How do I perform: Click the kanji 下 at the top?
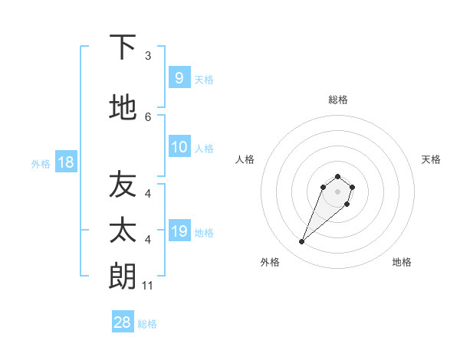123,47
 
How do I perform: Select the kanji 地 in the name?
123,107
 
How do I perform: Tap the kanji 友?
123,185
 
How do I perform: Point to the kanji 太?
123,231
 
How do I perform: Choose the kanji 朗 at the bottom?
123,276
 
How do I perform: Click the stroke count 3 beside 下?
148,56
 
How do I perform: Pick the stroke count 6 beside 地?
148,116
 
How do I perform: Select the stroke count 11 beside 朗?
148,286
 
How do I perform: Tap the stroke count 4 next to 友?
148,194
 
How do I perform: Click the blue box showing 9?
179,77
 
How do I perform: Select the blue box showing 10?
179,147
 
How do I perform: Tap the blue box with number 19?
179,231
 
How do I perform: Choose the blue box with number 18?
65,162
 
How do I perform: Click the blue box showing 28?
122,322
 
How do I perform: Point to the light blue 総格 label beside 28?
148,324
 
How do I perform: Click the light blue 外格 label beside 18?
40,164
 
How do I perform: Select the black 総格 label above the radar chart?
337,100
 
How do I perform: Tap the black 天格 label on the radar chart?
431,159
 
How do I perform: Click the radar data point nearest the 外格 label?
302,242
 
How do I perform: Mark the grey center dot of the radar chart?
337,191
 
